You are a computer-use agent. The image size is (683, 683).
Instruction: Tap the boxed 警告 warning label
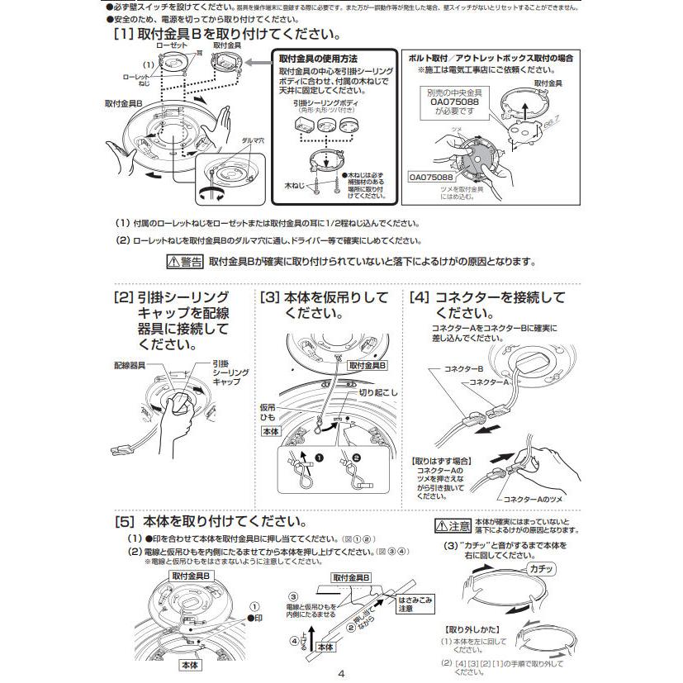[184, 263]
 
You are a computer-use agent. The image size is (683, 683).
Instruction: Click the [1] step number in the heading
[121, 36]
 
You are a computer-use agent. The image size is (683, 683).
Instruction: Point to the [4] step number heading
[420, 297]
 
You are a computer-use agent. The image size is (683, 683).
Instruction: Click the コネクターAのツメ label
[534, 500]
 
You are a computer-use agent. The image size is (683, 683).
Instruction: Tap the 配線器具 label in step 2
[130, 364]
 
